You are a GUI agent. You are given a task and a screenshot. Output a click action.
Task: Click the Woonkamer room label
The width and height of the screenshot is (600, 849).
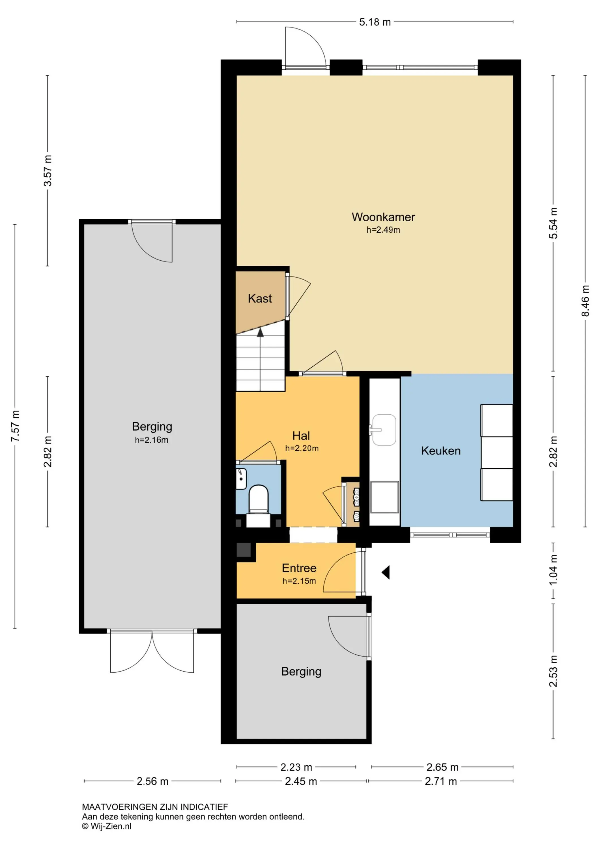(383, 217)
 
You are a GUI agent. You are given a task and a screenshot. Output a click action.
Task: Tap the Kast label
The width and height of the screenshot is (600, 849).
(260, 298)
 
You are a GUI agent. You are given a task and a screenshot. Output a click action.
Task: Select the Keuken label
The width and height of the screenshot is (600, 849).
(441, 451)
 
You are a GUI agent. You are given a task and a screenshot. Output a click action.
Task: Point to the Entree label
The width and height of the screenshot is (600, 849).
(299, 568)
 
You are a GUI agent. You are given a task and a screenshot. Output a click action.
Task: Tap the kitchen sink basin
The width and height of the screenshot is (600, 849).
(384, 430)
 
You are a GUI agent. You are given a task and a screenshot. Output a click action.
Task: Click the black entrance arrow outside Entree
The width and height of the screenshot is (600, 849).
(386, 573)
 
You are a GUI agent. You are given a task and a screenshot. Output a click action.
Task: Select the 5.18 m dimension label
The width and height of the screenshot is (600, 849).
(375, 22)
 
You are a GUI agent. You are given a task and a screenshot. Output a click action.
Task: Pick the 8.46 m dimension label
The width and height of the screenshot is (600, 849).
(585, 301)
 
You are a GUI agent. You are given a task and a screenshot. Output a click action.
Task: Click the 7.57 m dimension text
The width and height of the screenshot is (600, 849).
(15, 426)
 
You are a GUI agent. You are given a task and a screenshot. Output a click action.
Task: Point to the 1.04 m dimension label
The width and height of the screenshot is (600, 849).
(553, 570)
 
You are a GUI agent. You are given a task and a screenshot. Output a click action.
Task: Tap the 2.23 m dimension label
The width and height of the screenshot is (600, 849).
(296, 767)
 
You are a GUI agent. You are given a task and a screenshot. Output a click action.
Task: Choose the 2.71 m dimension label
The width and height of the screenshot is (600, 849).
(441, 781)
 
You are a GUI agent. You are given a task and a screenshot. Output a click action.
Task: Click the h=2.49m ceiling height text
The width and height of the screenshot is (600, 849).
(383, 230)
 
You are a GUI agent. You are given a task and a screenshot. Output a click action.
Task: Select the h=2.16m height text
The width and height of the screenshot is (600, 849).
(152, 440)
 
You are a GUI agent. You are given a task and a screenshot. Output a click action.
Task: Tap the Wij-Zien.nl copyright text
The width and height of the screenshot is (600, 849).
(107, 826)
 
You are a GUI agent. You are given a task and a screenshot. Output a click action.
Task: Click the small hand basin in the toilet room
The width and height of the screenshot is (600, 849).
(241, 479)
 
